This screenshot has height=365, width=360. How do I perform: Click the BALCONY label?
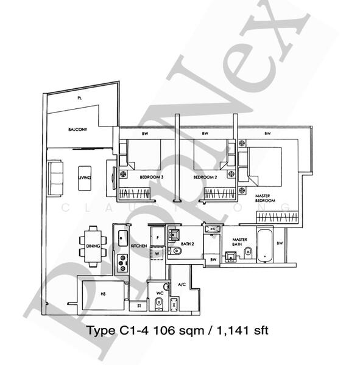coord(77,130)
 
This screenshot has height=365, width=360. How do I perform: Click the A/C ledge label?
coord(182,284)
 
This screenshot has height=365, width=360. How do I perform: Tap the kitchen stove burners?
coord(122,263)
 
